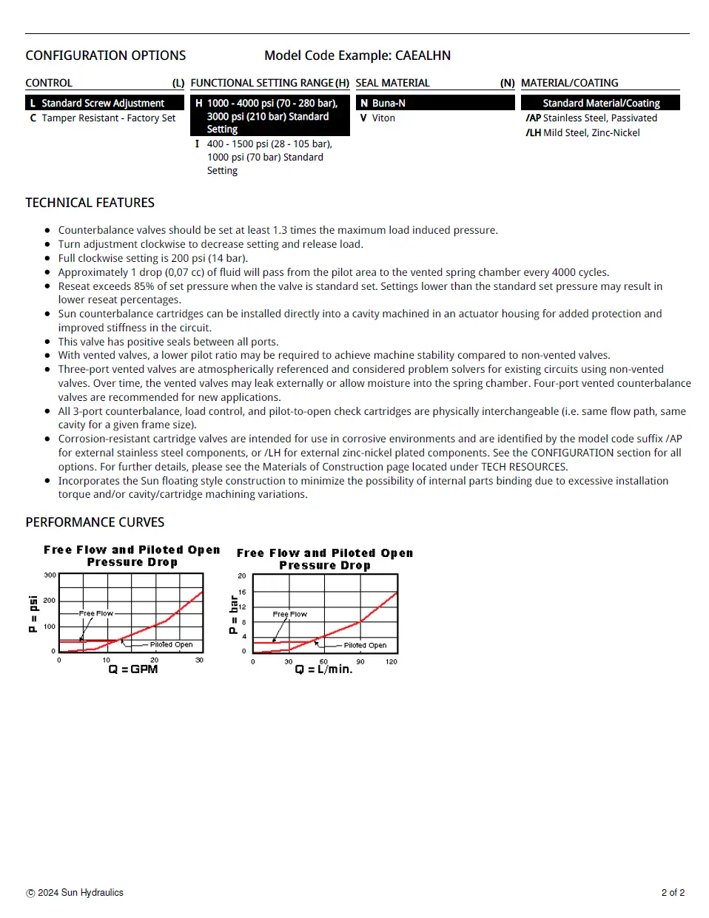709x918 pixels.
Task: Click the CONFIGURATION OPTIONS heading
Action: (106, 55)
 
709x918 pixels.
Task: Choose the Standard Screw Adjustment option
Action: (103, 104)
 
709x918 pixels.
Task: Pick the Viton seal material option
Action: (383, 118)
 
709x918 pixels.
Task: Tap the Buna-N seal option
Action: (389, 104)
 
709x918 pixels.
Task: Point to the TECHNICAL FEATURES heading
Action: (90, 203)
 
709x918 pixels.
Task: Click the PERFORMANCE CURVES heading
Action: (95, 522)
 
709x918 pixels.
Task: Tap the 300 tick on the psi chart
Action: (50, 575)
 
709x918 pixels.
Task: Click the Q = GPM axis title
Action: (133, 669)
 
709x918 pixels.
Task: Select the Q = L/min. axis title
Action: (323, 669)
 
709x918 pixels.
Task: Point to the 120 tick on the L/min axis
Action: (392, 662)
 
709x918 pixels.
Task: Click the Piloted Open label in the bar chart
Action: (365, 645)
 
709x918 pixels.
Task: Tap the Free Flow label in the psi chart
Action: (96, 613)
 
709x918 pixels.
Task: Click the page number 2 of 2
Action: (673, 893)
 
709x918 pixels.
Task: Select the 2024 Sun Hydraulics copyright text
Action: (81, 893)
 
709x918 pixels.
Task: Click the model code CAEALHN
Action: (423, 55)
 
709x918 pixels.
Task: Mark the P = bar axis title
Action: (234, 615)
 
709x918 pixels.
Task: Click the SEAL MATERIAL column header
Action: (392, 83)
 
